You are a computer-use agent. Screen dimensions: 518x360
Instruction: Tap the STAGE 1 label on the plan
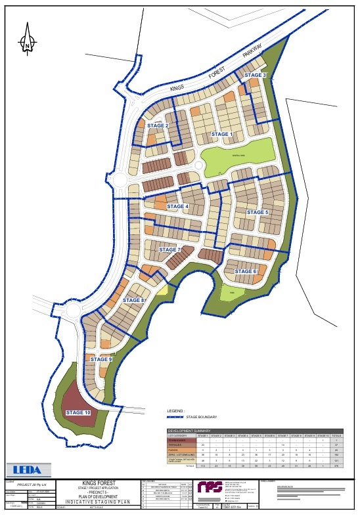[x=221, y=134]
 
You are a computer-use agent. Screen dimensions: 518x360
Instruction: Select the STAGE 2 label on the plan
[x=158, y=125]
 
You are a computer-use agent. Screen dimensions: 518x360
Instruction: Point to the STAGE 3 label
[x=255, y=76]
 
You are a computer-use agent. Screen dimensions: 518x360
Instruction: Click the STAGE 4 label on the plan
[x=177, y=207]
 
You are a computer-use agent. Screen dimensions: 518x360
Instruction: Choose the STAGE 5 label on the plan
[x=257, y=212]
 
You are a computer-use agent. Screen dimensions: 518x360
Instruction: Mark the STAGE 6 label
[x=245, y=271]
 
